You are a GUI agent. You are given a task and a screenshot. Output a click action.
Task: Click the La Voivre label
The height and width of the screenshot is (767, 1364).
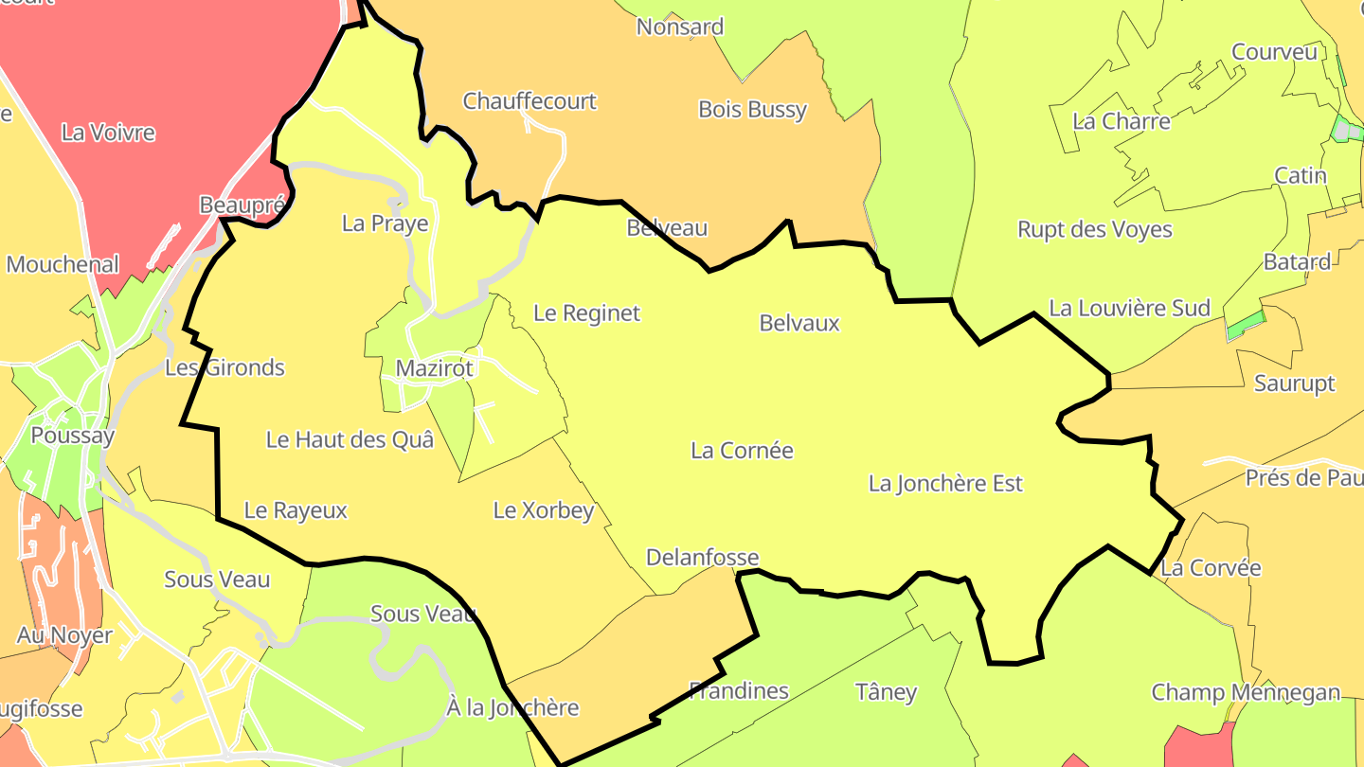tap(108, 133)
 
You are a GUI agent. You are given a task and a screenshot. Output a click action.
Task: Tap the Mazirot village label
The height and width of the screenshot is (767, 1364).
tap(434, 368)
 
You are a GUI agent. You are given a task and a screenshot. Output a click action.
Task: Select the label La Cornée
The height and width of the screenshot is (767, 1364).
tap(742, 451)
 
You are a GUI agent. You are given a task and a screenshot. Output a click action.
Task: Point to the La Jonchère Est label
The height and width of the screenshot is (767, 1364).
tap(945, 484)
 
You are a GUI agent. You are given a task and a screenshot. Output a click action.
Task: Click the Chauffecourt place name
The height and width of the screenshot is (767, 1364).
tap(529, 101)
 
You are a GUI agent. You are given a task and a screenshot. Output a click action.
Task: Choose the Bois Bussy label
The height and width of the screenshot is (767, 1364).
tap(752, 110)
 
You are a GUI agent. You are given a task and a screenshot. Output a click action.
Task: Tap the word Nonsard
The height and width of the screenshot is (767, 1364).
tap(680, 27)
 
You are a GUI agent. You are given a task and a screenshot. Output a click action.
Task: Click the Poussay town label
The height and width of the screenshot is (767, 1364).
tap(73, 436)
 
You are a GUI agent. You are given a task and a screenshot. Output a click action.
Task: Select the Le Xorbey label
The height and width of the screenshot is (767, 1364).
tap(544, 510)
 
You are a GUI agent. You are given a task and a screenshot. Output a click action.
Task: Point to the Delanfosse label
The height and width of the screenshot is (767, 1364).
tap(702, 558)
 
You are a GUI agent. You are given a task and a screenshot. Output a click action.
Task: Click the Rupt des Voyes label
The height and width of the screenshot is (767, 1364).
tap(1094, 230)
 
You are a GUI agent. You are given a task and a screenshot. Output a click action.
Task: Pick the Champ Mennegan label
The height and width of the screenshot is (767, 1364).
tap(1246, 693)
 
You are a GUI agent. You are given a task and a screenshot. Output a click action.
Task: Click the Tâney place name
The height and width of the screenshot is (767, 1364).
tap(886, 692)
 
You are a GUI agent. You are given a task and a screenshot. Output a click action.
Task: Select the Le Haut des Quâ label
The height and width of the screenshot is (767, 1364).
tap(350, 439)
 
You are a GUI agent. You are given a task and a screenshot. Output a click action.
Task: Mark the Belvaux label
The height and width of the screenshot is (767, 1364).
tap(799, 324)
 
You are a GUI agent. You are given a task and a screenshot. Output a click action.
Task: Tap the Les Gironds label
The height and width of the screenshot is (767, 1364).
tap(224, 367)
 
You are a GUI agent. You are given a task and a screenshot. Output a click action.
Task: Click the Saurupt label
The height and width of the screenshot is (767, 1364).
tap(1294, 383)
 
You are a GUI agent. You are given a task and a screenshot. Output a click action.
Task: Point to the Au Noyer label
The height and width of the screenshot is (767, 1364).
tap(64, 635)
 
